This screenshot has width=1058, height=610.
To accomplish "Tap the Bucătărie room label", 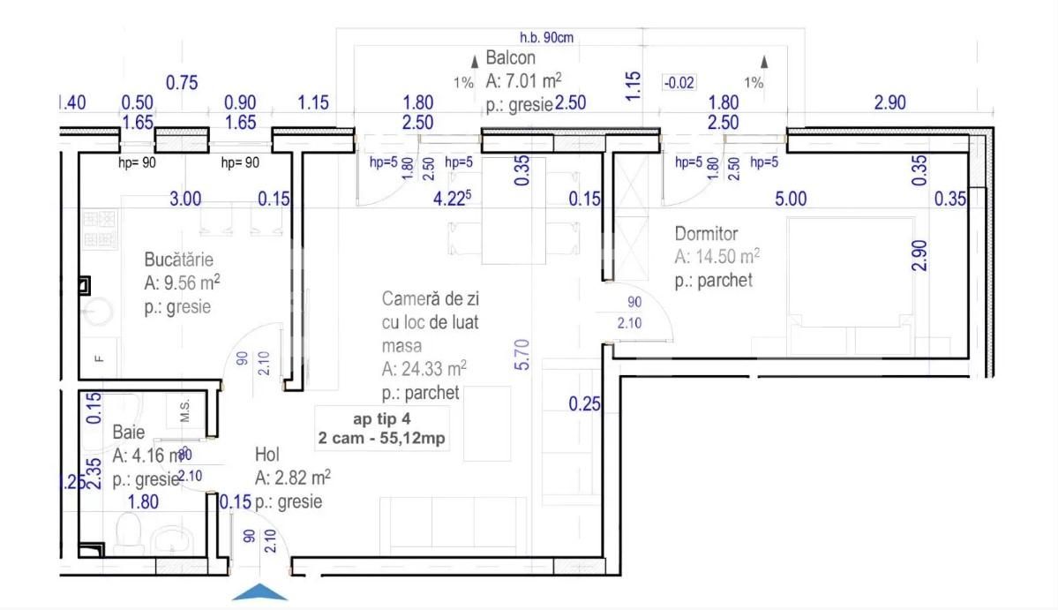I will tap(179, 260).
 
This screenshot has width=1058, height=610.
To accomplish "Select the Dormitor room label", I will tap(706, 234).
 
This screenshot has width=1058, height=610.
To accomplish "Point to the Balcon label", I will tap(510, 58).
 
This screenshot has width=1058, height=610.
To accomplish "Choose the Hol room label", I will tap(267, 455).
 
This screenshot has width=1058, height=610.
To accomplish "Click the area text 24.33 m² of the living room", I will tap(424, 369).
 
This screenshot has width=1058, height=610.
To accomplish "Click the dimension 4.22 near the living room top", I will tap(450, 200).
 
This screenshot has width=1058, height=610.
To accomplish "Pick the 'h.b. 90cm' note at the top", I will tap(547, 37).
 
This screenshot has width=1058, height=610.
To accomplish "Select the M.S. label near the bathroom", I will tap(186, 410).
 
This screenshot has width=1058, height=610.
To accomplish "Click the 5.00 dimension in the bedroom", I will tap(791, 200).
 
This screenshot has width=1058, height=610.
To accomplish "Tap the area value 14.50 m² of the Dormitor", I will tap(717, 257).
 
